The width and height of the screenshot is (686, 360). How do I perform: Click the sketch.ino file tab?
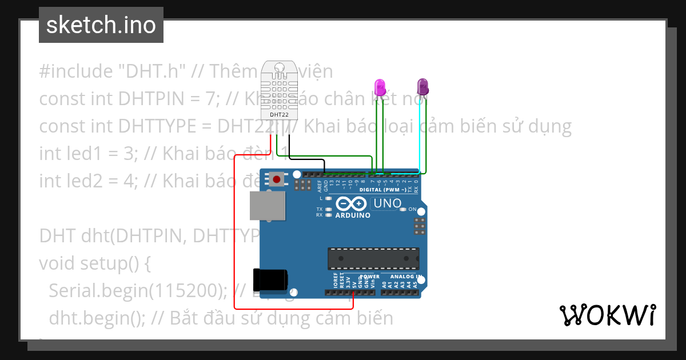pyautogui.click(x=101, y=25)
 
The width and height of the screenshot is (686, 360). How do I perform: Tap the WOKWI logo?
pyautogui.click(x=607, y=315)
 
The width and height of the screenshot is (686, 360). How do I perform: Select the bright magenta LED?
pyautogui.click(x=380, y=87)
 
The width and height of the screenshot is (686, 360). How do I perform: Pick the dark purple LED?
pyautogui.click(x=422, y=87)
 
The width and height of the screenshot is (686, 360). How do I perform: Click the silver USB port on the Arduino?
pyautogui.click(x=267, y=206)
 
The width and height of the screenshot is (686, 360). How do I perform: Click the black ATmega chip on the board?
pyautogui.click(x=373, y=258)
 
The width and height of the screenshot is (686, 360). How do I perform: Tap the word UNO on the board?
pyautogui.click(x=386, y=203)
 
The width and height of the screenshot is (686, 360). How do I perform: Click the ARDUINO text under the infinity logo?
pyautogui.click(x=353, y=215)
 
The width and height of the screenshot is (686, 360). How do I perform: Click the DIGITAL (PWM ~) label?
pyautogui.click(x=383, y=190)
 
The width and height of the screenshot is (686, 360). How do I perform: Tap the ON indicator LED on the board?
pyautogui.click(x=404, y=210)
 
